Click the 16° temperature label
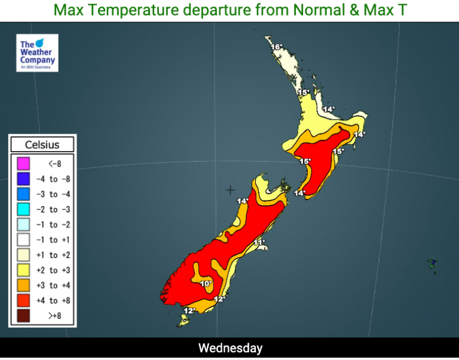coord(276,47)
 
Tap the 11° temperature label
coord(259,242)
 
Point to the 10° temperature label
coord(206,284)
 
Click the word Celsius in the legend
coord(42,144)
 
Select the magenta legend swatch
coord(23,163)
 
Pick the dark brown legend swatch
coord(23,316)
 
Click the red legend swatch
coord(23,300)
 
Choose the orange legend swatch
coord(23,285)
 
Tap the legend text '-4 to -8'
coord(54,179)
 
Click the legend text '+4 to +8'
coord(54,301)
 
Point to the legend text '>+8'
coord(54,316)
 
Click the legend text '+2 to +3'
coord(54,270)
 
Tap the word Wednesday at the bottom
coord(230,348)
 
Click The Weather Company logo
coord(37,53)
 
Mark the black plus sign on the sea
coord(230,190)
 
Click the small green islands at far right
coord(433,264)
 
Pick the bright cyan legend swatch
coord(23,209)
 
